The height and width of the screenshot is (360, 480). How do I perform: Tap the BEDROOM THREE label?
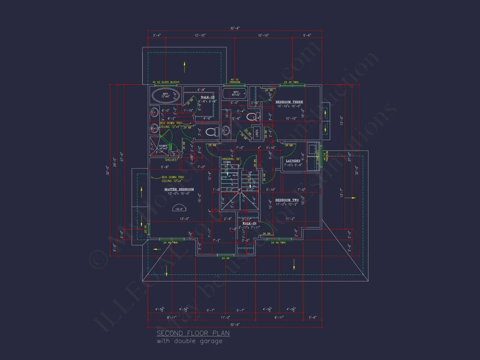pos(289,102)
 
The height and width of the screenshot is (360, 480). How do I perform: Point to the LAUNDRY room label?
pos(293,161)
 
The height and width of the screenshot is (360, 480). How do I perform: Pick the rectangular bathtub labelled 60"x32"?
pos(236,93)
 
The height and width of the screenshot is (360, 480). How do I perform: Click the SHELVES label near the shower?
pos(171,160)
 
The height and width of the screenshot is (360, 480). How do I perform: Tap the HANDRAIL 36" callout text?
pos(230,159)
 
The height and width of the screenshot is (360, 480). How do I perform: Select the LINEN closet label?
pos(257,134)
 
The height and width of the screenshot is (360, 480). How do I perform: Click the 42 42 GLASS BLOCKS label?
pos(166,82)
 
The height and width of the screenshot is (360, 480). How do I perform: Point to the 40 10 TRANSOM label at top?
pos(236,80)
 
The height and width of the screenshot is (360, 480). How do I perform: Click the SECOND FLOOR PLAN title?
pos(193,333)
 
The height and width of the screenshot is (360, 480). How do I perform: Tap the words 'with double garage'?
pos(189,341)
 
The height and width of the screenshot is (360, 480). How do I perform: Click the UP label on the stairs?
pos(250,173)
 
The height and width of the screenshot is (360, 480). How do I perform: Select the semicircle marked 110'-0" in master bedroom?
pos(179,208)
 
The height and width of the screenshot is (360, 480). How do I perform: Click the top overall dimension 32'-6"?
pos(235,28)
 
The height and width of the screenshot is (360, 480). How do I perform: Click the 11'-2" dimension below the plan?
pos(225,317)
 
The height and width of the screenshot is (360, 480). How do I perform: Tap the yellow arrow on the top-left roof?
pos(185,67)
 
